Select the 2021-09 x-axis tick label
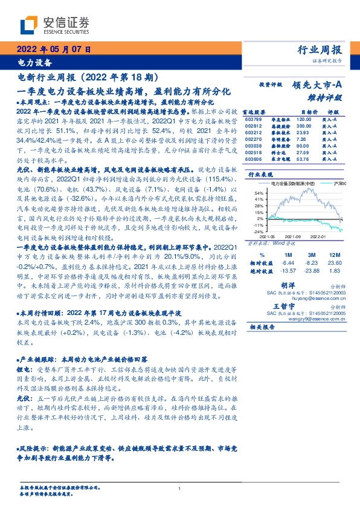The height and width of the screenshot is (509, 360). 294,236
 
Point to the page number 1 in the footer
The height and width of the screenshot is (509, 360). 179,488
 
